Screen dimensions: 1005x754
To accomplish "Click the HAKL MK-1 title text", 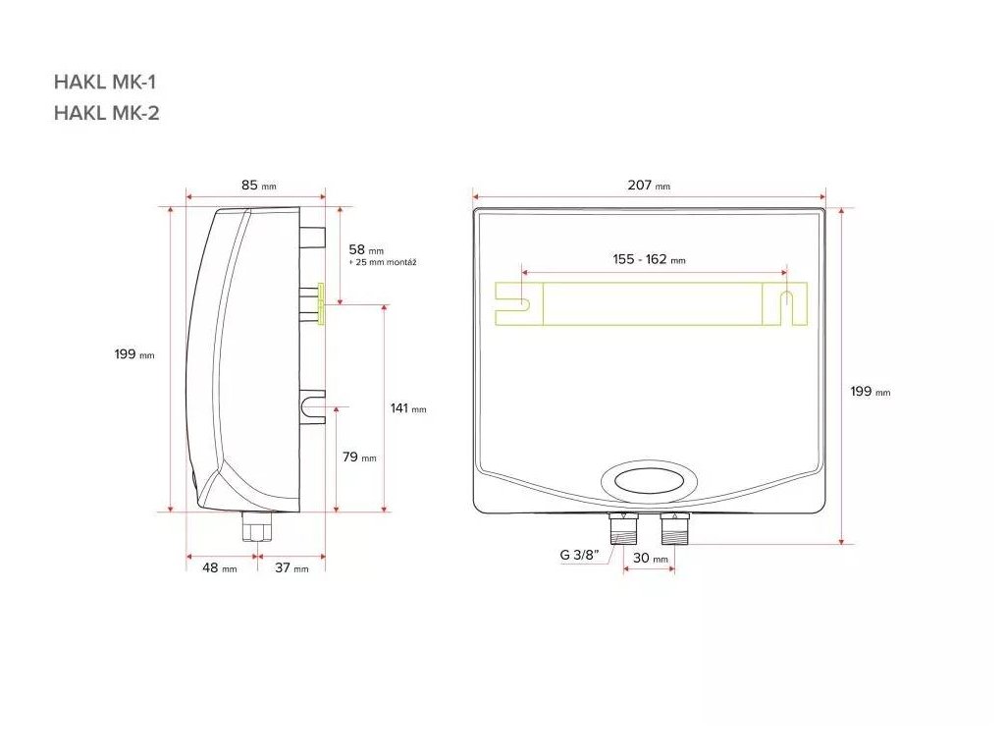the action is [105, 82].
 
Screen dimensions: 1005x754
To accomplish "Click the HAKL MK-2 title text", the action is [106, 113].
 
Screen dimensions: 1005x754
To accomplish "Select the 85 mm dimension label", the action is [258, 186].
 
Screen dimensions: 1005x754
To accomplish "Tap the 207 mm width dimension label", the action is [649, 186].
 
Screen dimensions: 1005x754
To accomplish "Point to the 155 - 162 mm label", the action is [649, 259].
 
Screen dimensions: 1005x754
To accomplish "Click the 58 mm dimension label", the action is [366, 249].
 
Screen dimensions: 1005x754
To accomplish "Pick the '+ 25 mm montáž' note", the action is [383, 262].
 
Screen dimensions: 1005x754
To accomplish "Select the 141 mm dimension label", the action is [408, 408].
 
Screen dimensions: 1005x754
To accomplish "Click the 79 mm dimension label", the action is [359, 458].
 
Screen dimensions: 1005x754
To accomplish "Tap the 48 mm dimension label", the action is [219, 567].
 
